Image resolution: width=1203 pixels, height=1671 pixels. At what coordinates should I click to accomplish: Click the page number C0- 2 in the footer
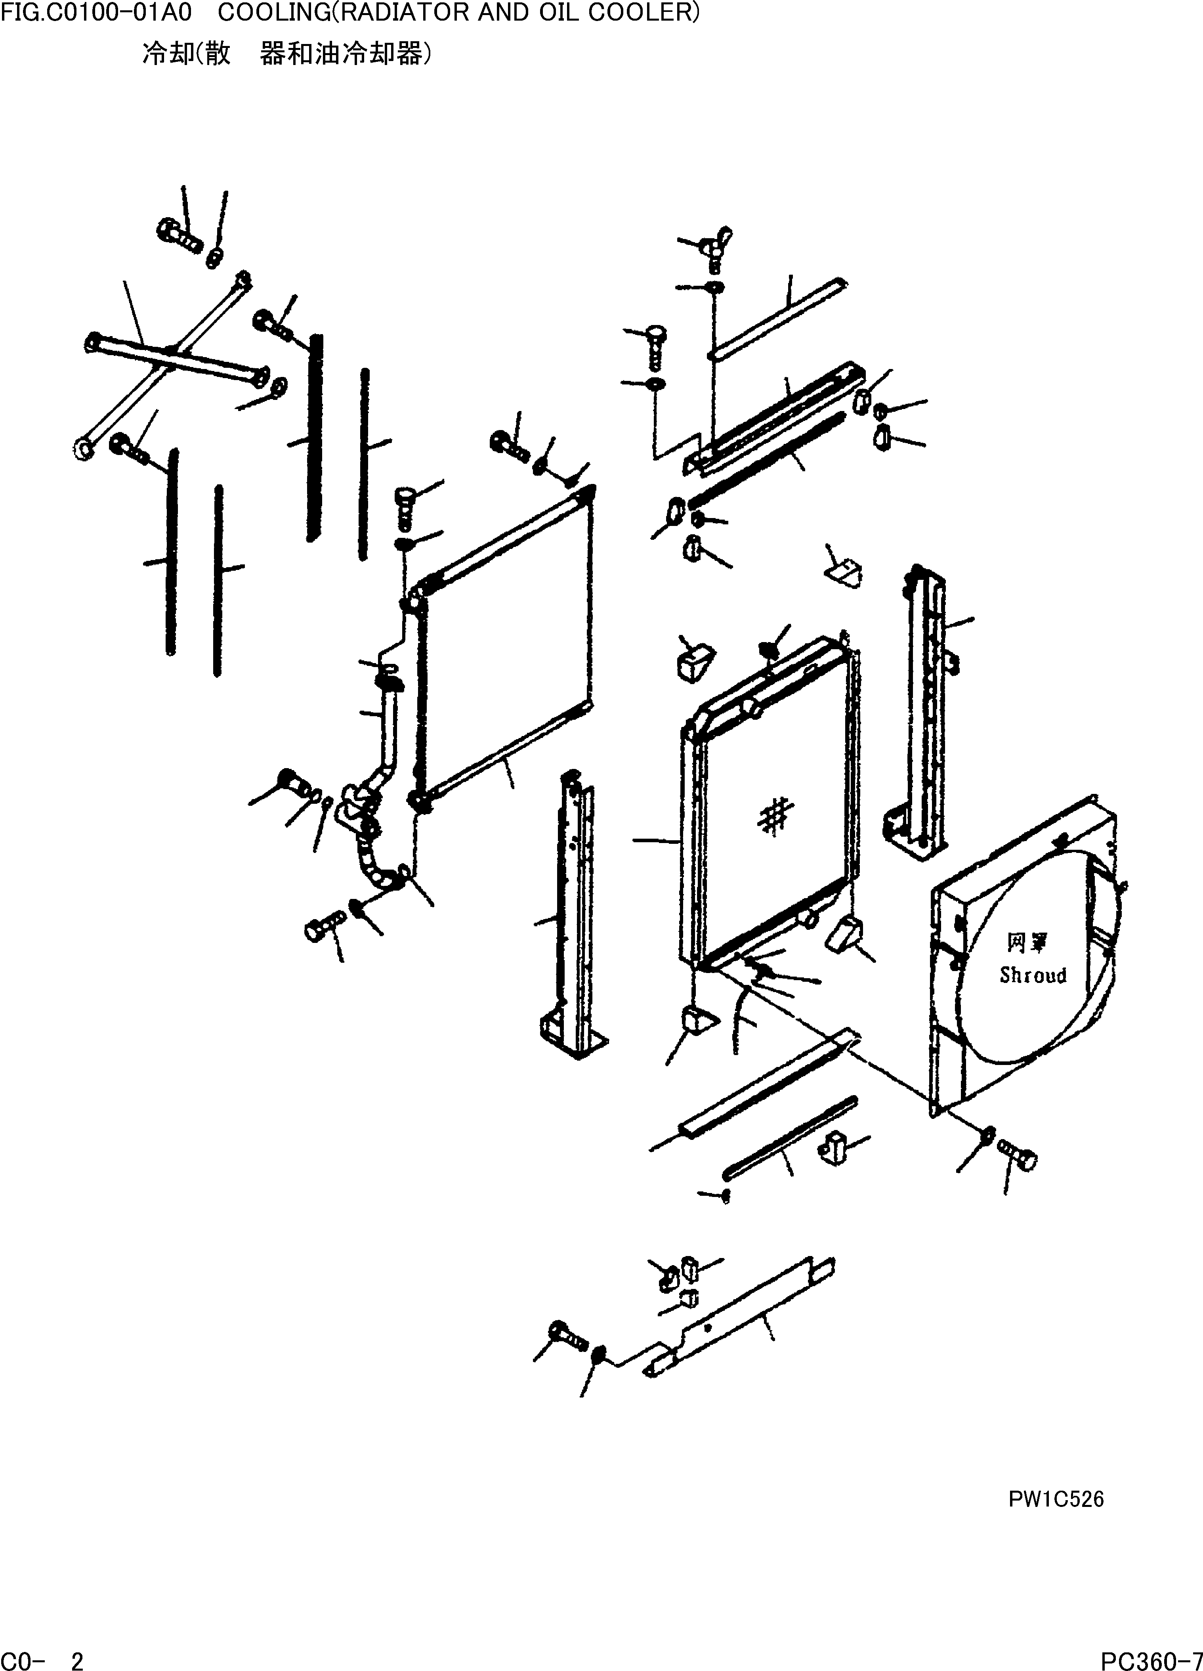[x=42, y=1661]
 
